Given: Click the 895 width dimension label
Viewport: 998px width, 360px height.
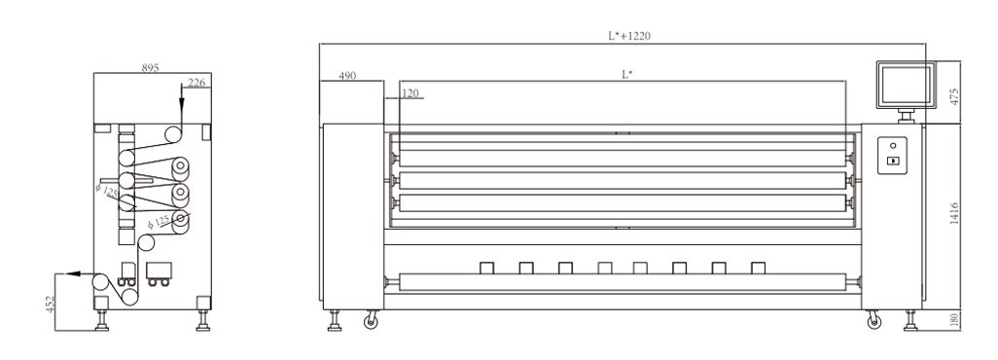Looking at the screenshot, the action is click(150, 67).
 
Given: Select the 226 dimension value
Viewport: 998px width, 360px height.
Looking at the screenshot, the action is click(196, 82).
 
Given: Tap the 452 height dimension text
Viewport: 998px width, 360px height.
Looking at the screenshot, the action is click(51, 304).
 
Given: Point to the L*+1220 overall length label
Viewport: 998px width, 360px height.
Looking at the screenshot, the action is click(628, 36).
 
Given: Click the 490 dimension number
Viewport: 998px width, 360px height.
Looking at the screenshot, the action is click(347, 75).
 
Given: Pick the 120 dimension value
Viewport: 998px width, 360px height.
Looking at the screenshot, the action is click(410, 93).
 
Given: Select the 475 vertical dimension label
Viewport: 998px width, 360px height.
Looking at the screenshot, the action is click(953, 96).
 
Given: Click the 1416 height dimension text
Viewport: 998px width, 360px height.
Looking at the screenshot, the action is click(953, 213).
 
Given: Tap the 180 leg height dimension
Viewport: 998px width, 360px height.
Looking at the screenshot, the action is click(953, 320).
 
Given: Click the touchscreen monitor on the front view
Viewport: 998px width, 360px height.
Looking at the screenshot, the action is click(906, 85).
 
